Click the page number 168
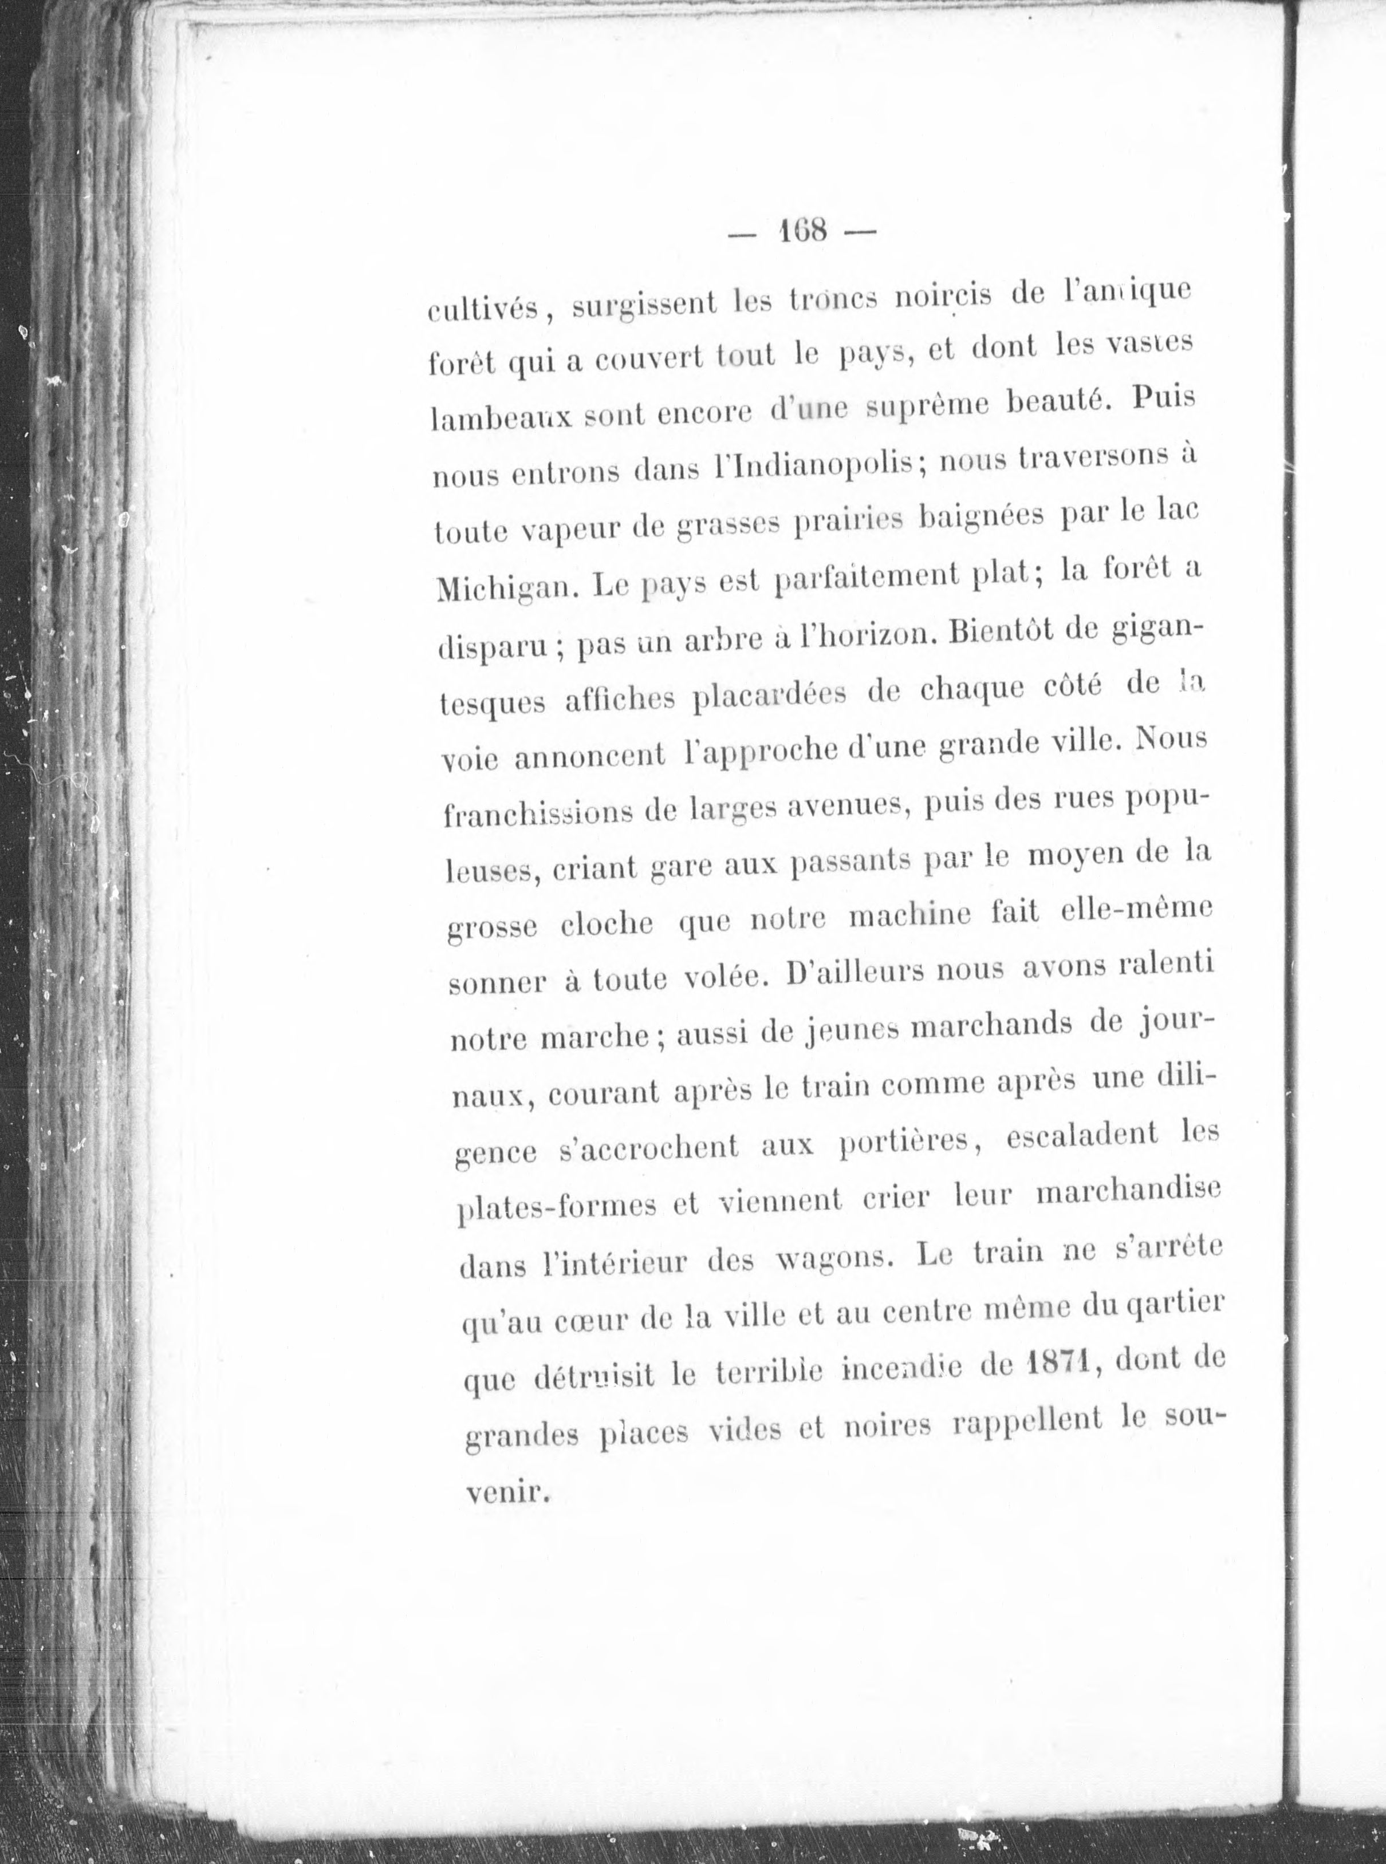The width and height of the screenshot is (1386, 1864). (x=803, y=229)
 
